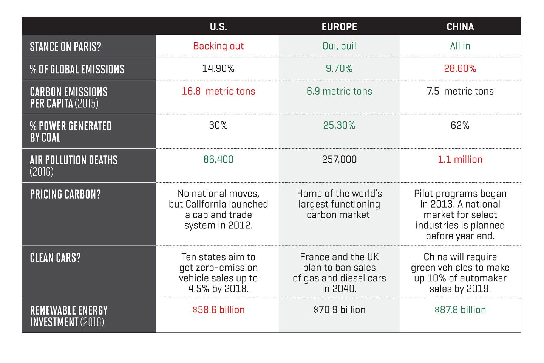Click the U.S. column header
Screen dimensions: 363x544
(x=218, y=27)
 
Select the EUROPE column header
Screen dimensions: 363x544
(x=339, y=27)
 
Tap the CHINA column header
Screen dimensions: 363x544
(x=460, y=27)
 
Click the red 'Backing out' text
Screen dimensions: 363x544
(x=218, y=46)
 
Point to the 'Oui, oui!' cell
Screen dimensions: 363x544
(x=339, y=46)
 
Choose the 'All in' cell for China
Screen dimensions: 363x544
(x=460, y=46)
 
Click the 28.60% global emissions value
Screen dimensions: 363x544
(x=460, y=68)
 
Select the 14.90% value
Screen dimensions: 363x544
(x=218, y=68)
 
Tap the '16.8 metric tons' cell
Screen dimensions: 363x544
(x=218, y=91)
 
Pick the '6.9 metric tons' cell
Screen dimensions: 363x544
(x=339, y=91)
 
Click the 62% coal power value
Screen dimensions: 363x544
(x=460, y=125)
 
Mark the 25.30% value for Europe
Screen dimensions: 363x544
(x=339, y=125)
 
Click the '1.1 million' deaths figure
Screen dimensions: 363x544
(x=460, y=159)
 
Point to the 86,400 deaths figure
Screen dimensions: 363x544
(x=218, y=159)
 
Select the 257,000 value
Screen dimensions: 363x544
(x=339, y=159)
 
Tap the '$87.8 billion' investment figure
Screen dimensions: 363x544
(x=460, y=310)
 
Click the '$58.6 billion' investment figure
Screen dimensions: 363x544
(x=218, y=310)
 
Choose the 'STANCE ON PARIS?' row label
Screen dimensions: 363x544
(x=65, y=47)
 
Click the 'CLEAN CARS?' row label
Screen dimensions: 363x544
(x=55, y=258)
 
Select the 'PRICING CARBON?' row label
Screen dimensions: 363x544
(x=65, y=194)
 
